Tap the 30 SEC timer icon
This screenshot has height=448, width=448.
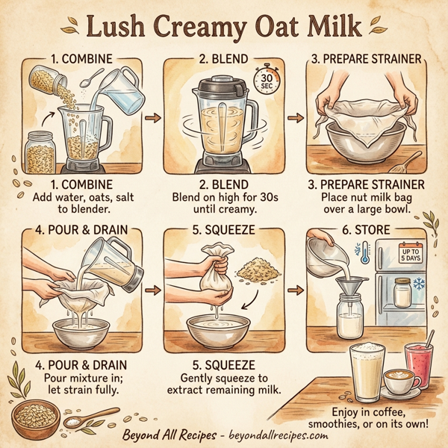tap(264, 81)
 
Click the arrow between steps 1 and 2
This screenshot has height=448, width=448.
tap(152, 117)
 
